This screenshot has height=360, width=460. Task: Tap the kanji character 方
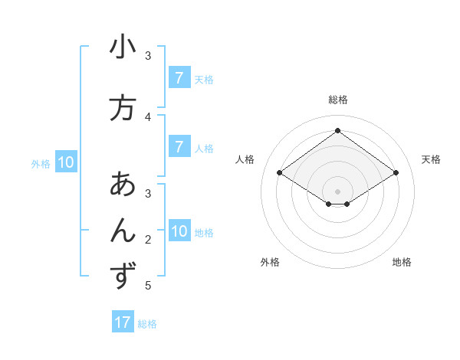tap(123, 108)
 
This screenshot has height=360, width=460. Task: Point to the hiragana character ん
tap(123, 231)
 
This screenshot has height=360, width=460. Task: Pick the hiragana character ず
tap(123, 277)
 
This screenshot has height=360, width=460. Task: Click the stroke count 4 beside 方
tap(148, 116)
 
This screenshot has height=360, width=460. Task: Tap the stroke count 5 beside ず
tap(148, 286)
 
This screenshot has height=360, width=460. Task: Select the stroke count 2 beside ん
tap(148, 240)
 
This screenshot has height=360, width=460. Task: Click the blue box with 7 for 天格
tap(179, 78)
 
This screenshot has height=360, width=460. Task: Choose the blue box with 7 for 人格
tap(179, 147)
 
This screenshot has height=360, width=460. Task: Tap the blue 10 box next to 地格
tap(179, 231)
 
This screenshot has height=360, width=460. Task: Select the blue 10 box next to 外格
tap(65, 162)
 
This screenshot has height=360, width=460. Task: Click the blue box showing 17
tap(123, 322)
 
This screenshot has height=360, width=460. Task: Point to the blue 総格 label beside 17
tap(148, 324)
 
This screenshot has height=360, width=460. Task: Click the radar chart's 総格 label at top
tap(337, 100)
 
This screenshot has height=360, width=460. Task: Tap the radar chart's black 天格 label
tap(431, 159)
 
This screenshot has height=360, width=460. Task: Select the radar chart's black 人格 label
tap(245, 159)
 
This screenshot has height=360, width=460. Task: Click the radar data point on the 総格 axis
tap(337, 131)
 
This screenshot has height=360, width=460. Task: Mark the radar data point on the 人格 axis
tap(280, 173)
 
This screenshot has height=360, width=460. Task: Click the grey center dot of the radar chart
tap(337, 191)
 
